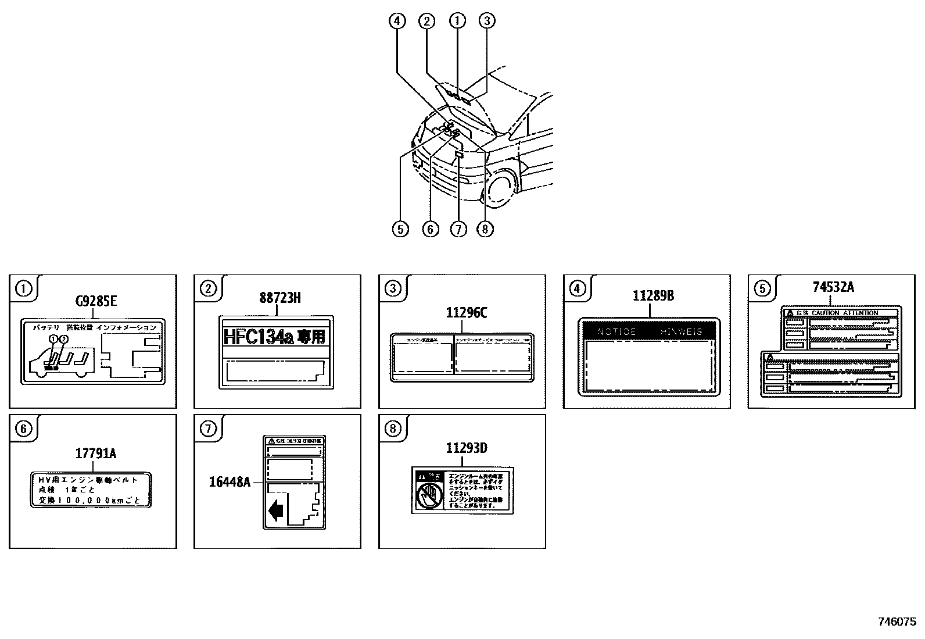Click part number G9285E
tap(96, 301)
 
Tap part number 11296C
tap(466, 313)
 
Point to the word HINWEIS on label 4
tap(681, 332)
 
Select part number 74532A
tap(833, 287)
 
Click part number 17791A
tap(96, 453)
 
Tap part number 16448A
tap(230, 481)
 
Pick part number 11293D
tap(466, 448)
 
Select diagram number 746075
tap(897, 621)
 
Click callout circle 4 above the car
tap(397, 21)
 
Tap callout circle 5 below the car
tap(400, 229)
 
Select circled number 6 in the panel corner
tap(23, 429)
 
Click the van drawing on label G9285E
tap(61, 362)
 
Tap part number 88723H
tap(280, 298)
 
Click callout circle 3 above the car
tap(487, 21)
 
